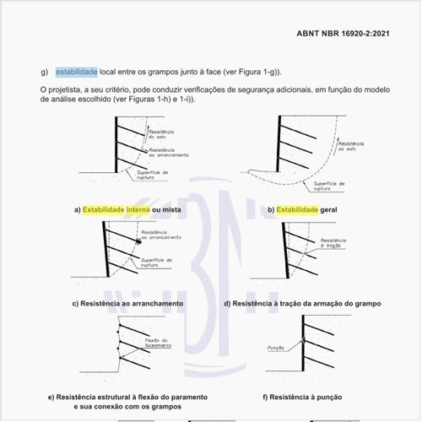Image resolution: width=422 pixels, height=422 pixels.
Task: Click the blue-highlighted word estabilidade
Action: coord(77,72)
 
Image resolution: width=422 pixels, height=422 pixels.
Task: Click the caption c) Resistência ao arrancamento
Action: coord(127,303)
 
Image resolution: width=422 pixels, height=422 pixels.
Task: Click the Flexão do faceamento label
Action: coord(157,344)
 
